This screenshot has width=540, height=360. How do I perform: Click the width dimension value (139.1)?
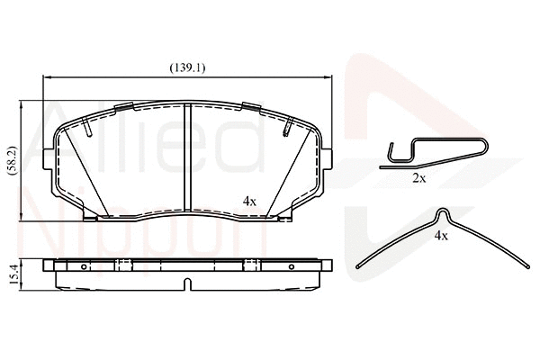coord(187,67)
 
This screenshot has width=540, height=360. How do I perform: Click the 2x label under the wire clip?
coord(418,178)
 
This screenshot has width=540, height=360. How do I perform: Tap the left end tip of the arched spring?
coord(358,266)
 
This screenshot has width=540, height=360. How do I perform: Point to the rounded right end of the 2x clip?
coord(487,149)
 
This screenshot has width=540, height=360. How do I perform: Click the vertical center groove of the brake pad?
coord(184,157)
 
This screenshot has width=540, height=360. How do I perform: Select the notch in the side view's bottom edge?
coord(186,285)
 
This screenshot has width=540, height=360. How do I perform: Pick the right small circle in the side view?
coord(290,267)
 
